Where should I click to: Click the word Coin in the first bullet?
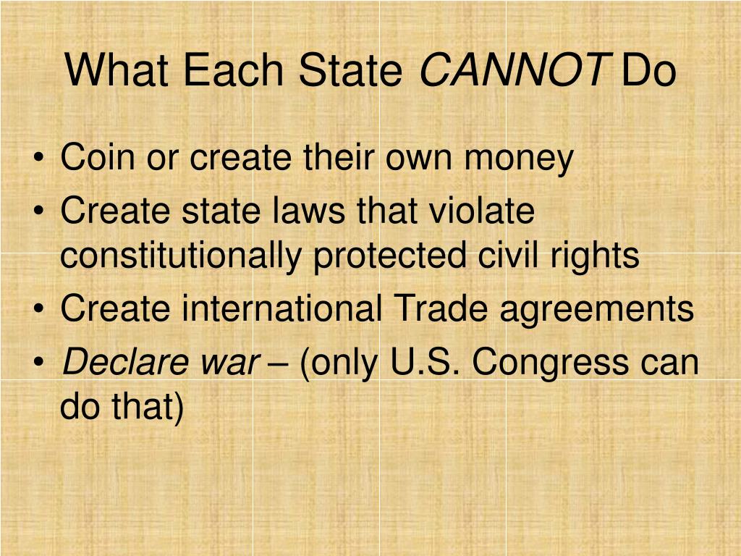pos(92,158)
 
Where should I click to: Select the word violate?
pos(482,211)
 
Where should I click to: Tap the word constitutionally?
pos(181,256)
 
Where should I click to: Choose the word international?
pos(282,309)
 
